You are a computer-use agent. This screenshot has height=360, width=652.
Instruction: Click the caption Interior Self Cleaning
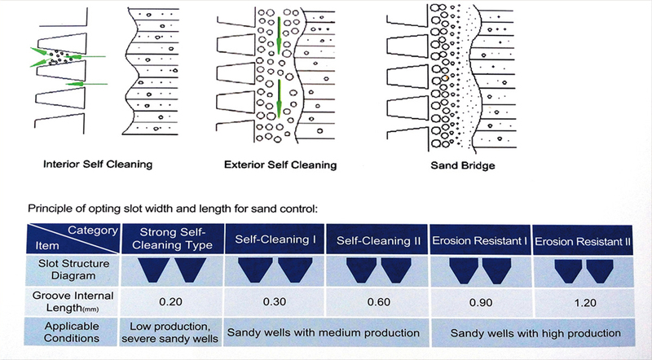tap(98, 165)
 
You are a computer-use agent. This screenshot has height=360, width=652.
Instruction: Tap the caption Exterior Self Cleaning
tap(280, 165)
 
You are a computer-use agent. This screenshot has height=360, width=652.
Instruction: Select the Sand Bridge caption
tap(463, 165)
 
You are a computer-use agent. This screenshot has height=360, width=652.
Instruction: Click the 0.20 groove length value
tap(171, 301)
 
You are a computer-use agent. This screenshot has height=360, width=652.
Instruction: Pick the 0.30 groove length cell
tap(275, 301)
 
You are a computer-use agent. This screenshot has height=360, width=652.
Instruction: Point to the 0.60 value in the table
tap(378, 302)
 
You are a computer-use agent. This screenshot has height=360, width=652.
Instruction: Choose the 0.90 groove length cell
tap(481, 302)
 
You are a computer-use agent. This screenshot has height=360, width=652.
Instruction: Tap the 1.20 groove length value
tap(585, 303)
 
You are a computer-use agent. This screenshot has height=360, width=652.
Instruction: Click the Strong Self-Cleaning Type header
tap(173, 239)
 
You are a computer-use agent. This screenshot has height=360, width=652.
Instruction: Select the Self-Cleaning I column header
tap(275, 239)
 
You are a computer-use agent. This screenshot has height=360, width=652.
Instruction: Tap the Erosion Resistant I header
tap(480, 241)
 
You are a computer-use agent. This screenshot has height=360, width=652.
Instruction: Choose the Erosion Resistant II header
tap(583, 242)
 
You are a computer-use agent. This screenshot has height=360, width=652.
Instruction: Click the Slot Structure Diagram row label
tap(73, 270)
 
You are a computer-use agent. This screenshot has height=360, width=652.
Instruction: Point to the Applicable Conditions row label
tap(72, 332)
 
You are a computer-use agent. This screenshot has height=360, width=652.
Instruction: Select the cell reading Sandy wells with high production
tap(535, 333)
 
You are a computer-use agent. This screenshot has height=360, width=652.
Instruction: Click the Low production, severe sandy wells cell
tap(170, 332)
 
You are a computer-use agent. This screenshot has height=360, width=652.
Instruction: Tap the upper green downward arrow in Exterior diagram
tap(279, 35)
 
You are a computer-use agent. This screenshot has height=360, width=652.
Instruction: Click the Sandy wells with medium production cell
tap(323, 332)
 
